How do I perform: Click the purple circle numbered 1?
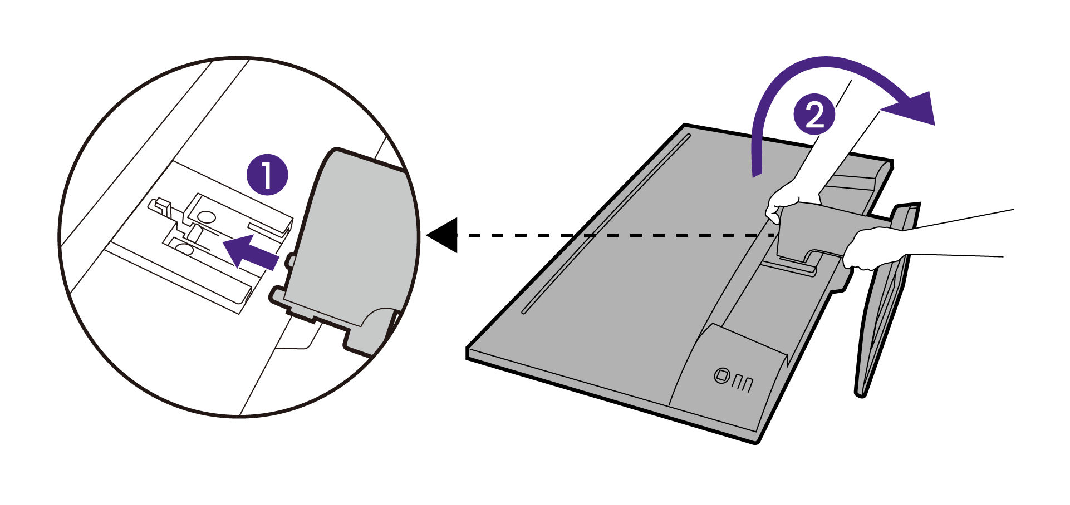pyautogui.click(x=267, y=175)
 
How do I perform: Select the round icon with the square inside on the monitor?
pyautogui.click(x=720, y=375)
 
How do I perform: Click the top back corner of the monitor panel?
pyautogui.click(x=685, y=127)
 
